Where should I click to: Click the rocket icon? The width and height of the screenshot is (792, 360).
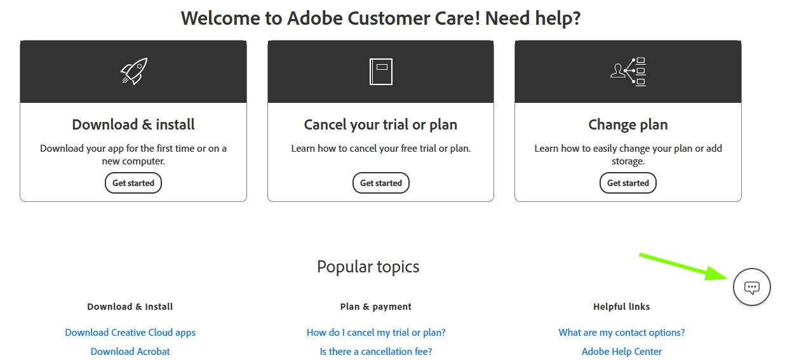click(x=133, y=71)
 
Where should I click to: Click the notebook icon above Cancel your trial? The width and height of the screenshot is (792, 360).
click(x=381, y=71)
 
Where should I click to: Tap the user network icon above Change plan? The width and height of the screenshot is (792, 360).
click(x=628, y=71)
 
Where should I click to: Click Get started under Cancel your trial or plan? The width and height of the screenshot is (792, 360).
click(x=381, y=183)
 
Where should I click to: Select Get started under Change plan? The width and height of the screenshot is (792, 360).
click(x=628, y=183)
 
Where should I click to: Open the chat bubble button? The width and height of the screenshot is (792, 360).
click(x=752, y=287)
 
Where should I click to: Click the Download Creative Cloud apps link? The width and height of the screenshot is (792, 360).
click(x=130, y=333)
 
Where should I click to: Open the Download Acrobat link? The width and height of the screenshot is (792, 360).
click(x=130, y=352)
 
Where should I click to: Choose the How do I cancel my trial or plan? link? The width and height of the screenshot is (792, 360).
click(x=376, y=333)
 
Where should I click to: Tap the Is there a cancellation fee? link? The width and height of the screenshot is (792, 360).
click(x=376, y=352)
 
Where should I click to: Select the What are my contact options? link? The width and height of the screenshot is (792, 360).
click(x=622, y=333)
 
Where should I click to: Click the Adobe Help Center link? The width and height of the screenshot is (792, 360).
click(x=622, y=352)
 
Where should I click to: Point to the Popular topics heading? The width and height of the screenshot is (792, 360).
click(x=368, y=267)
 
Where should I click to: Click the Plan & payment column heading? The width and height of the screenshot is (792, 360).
click(x=376, y=307)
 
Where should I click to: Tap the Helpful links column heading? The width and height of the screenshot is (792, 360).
click(x=622, y=307)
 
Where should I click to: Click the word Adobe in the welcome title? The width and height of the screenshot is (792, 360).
click(x=315, y=18)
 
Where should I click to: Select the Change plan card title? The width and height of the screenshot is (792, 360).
click(x=628, y=124)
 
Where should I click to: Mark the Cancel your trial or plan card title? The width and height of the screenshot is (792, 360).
click(x=381, y=124)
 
